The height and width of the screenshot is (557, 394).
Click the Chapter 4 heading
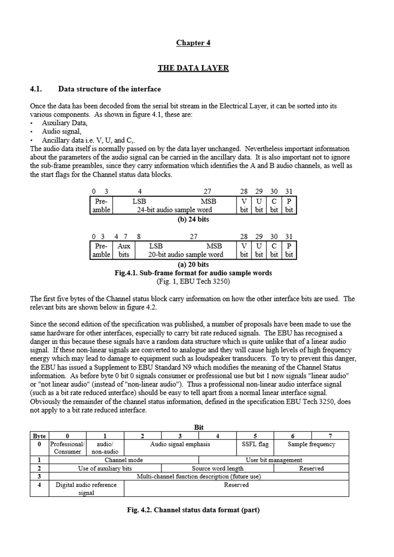[193, 43]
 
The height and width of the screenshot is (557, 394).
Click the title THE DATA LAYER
[193, 68]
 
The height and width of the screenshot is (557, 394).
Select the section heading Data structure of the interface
[109, 89]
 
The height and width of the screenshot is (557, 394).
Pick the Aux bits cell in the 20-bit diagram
[124, 250]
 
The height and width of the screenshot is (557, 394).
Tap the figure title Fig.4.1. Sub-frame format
[193, 273]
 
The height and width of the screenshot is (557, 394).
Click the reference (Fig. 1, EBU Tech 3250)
[193, 281]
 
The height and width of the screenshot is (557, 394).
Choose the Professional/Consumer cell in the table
[68, 448]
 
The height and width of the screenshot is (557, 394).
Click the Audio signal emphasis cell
[180, 444]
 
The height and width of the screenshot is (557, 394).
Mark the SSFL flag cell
[255, 444]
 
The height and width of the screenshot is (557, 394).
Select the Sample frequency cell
[312, 444]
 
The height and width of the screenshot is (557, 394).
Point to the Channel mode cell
[124, 460]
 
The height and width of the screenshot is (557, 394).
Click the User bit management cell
[274, 460]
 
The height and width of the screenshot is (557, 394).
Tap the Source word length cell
[218, 468]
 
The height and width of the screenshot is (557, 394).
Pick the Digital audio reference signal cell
[86, 488]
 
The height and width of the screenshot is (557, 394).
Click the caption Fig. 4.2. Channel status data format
[193, 510]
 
